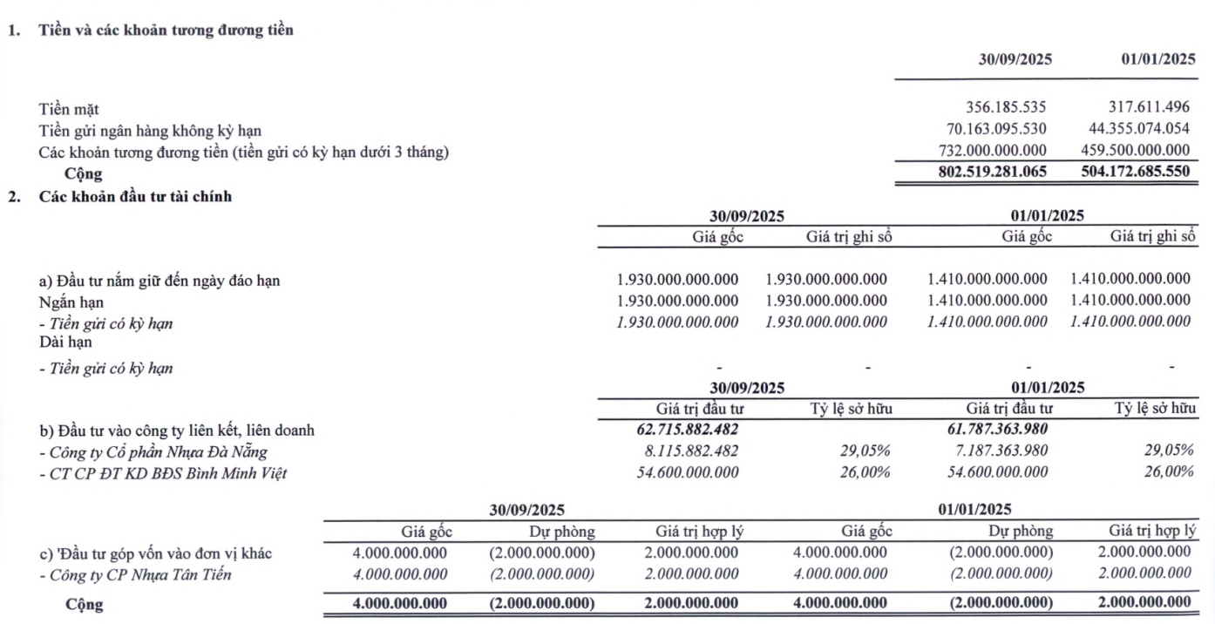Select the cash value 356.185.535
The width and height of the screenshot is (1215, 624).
[1006, 109]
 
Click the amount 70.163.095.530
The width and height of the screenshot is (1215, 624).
[990, 131]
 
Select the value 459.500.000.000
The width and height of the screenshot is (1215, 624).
[1130, 152]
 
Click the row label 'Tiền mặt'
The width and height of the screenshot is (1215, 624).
[69, 110]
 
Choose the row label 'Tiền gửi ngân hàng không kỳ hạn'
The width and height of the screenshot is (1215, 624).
[150, 131]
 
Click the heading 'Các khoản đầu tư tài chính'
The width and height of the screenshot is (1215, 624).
[135, 197]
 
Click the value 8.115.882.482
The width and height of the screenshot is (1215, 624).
[688, 451]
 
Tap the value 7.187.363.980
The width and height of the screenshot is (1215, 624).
[996, 451]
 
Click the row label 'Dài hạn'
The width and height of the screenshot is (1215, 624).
[65, 343]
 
